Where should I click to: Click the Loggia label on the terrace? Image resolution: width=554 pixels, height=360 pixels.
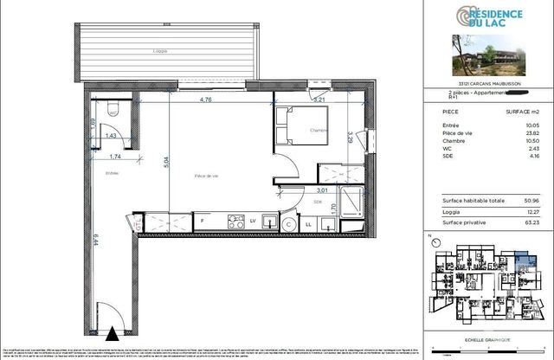[x=159, y=52]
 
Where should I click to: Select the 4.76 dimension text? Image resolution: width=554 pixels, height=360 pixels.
[x=206, y=100]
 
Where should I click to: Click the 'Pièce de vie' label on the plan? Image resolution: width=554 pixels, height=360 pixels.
[x=207, y=176]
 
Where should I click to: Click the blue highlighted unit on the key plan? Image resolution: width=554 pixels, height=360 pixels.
[x=523, y=259]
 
